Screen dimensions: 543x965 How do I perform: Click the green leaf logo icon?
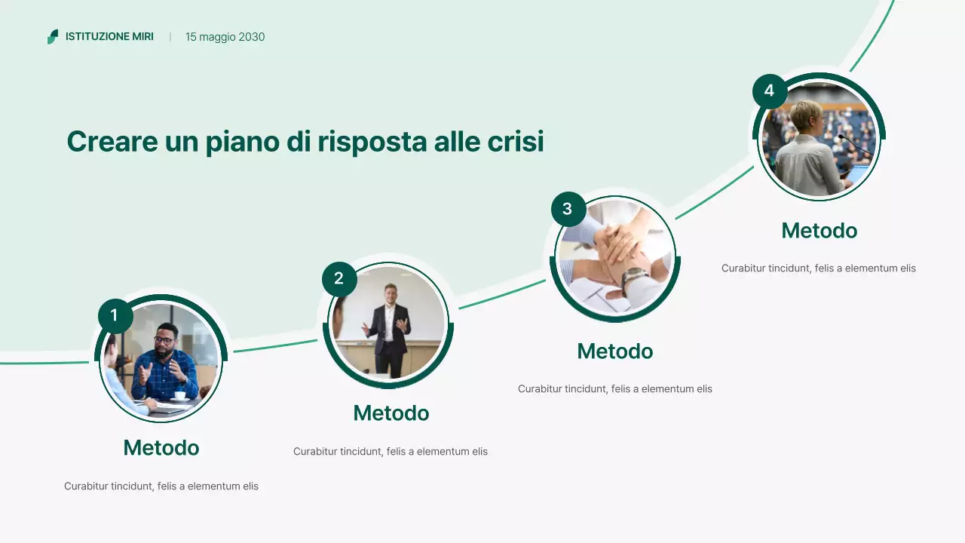click(52, 37)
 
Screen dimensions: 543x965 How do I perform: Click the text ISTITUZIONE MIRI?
click(109, 37)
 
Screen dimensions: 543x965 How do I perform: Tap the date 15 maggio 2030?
click(225, 37)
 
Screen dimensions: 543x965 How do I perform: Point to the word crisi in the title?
click(517, 142)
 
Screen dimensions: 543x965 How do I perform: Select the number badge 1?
click(115, 315)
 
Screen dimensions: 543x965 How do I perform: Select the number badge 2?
click(339, 279)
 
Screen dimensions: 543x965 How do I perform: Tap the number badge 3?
click(568, 209)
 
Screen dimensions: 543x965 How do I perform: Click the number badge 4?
click(769, 91)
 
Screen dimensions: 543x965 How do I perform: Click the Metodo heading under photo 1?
click(161, 448)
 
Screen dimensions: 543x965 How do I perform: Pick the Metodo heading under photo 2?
click(391, 413)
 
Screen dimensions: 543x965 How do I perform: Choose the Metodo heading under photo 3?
click(614, 351)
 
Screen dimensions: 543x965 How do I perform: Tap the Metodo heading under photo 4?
click(819, 231)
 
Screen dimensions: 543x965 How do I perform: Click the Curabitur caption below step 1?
click(161, 486)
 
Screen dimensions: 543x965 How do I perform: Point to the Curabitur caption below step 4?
click(818, 268)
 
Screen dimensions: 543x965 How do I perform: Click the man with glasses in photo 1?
click(167, 358)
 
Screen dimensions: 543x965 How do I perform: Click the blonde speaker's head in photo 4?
click(807, 115)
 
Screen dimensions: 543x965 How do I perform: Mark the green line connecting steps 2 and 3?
click(501, 294)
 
